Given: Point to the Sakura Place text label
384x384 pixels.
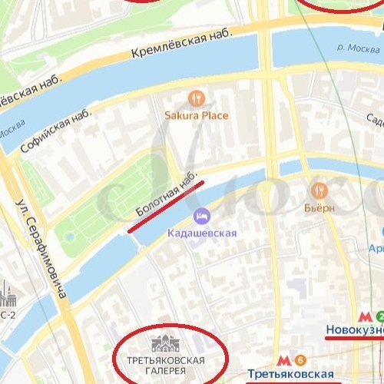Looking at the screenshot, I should coord(197,116).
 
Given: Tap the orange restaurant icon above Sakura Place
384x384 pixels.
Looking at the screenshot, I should coord(197,98).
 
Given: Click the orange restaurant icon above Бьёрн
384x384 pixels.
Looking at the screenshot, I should coord(319,190).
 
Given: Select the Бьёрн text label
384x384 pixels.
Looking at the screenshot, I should coord(319,208).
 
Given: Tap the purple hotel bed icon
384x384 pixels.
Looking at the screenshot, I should coord(202,216).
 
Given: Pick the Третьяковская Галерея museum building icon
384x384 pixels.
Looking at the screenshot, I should coord(166,344).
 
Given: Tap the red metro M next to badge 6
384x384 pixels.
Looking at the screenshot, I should coord(283,359).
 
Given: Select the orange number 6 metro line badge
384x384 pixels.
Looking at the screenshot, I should coord(300,359).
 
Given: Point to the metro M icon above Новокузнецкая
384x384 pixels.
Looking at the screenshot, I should coord(364,316).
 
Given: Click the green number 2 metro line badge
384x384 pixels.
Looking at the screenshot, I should coord(379,316).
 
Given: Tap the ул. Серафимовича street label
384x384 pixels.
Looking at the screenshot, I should coord(41,247).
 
